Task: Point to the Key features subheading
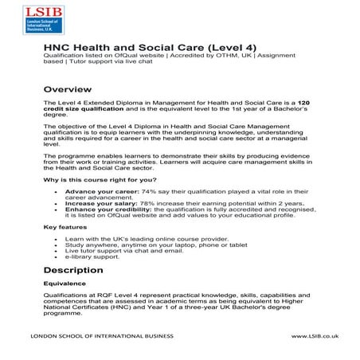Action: pos(65,228)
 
